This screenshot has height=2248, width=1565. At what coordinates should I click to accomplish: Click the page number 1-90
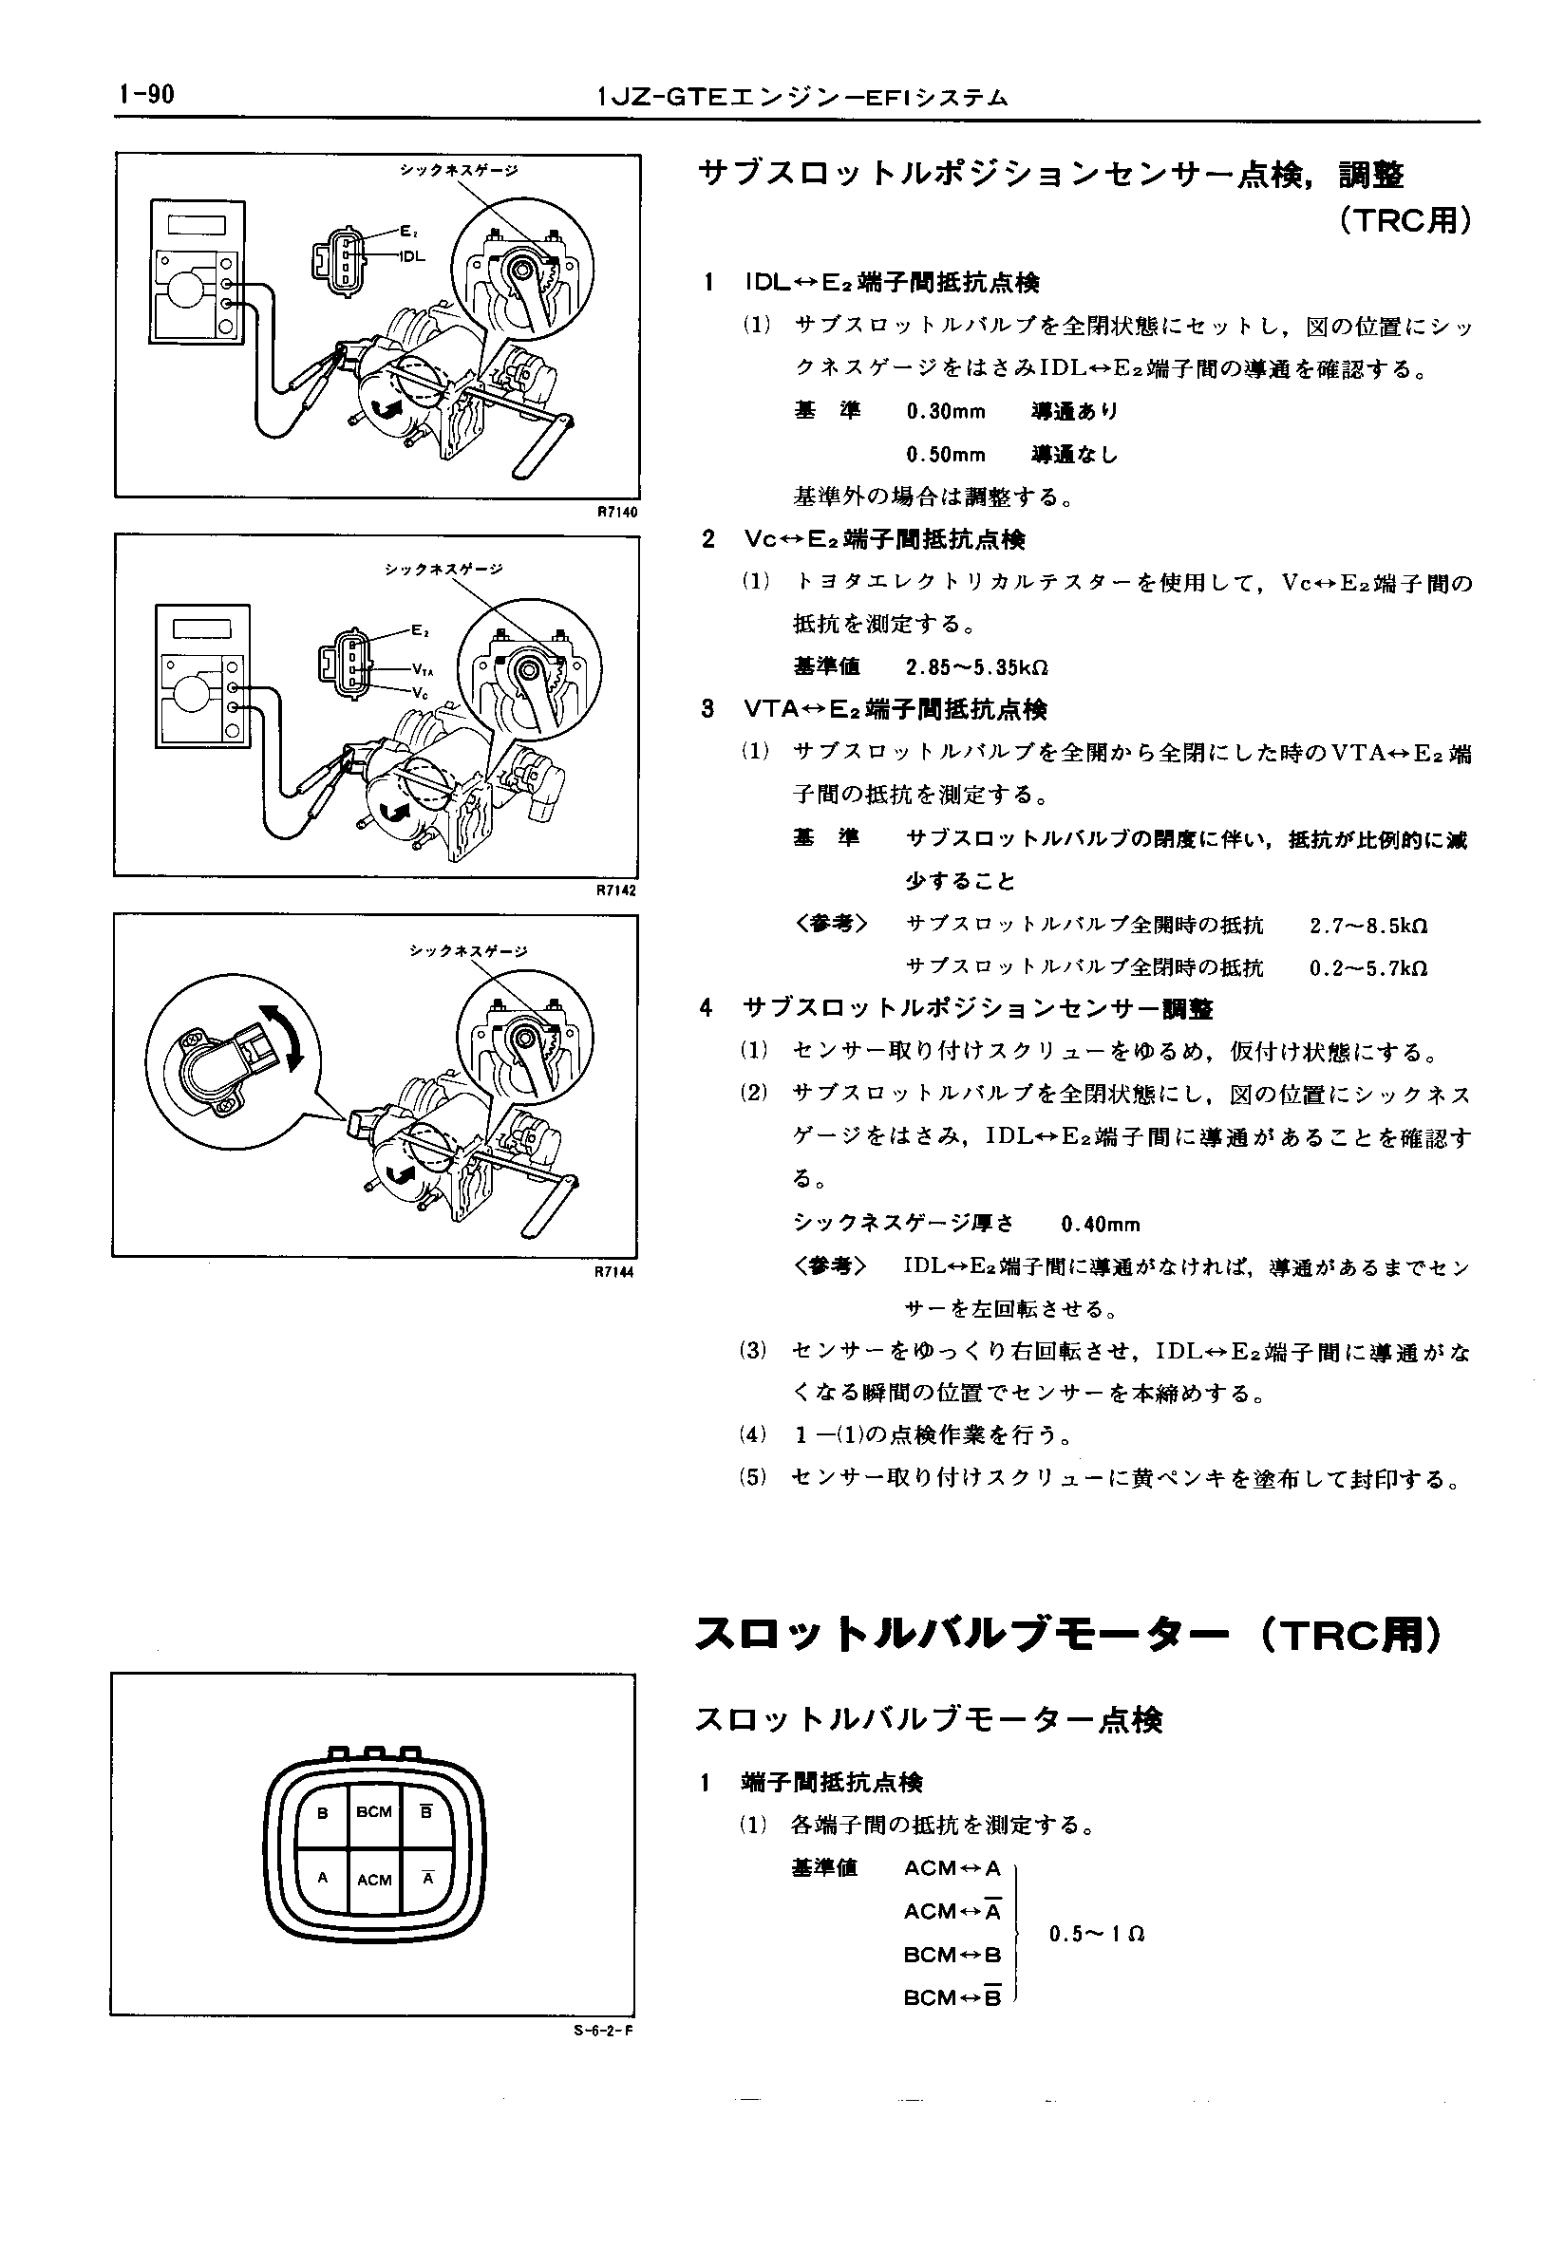click(x=145, y=95)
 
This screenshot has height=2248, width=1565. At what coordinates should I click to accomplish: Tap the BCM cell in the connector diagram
click(x=374, y=1812)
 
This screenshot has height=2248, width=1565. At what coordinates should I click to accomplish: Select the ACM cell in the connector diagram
click(x=374, y=1880)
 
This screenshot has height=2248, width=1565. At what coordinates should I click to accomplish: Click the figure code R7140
click(x=617, y=511)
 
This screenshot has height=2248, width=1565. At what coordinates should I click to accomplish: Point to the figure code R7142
click(x=617, y=891)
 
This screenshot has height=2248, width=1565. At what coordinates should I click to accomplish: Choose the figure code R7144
click(x=617, y=1272)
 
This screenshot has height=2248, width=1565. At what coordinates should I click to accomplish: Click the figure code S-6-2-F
click(x=604, y=2030)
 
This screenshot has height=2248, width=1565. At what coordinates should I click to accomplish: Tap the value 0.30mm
click(x=945, y=412)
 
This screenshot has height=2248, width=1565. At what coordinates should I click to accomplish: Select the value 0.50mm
click(x=945, y=456)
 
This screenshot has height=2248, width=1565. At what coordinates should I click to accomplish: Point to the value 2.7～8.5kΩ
click(x=1367, y=926)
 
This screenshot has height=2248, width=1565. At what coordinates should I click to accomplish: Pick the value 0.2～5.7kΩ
click(x=1367, y=968)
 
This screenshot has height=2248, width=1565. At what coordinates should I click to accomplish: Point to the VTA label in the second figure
click(x=422, y=670)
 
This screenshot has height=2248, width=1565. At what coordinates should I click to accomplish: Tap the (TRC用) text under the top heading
click(x=1405, y=222)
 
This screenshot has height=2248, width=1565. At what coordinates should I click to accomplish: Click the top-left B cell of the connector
click(x=322, y=1812)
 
